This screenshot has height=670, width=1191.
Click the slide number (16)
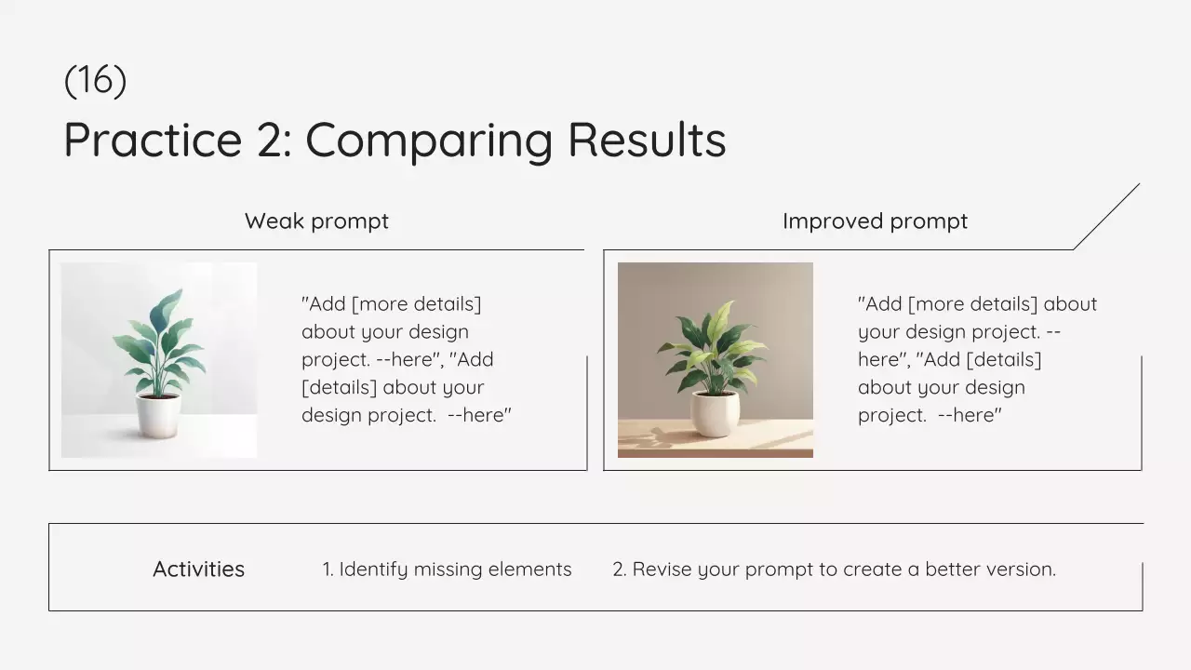[95, 81]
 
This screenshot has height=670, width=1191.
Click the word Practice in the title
[154, 140]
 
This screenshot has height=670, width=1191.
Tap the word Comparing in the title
[429, 141]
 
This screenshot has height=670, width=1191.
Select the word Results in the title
[647, 140]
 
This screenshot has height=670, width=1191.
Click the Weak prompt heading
[317, 221]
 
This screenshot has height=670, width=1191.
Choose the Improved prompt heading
[876, 221]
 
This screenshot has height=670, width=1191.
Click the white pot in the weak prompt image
[158, 415]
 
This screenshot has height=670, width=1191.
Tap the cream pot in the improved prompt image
[715, 414]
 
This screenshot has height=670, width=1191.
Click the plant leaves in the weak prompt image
[159, 341]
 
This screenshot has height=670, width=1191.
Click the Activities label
[199, 569]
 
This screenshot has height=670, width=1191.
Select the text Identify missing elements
[456, 569]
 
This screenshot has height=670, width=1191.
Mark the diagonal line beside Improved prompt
[1106, 217]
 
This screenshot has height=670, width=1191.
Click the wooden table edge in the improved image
[716, 453]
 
